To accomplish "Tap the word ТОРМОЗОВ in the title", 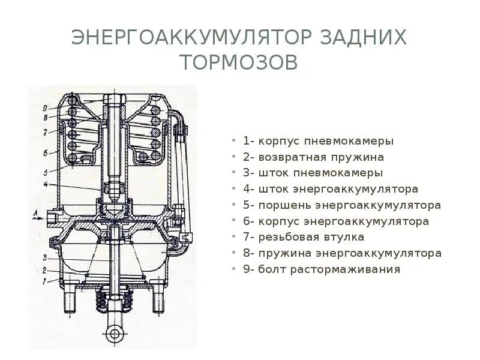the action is pyautogui.click(x=239, y=62).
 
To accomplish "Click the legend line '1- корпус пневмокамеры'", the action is pyautogui.click(x=318, y=142).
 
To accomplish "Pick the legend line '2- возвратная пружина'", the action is pyautogui.click(x=313, y=157).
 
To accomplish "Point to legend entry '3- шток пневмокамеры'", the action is pyautogui.click(x=313, y=173).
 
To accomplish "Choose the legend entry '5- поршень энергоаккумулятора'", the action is pyautogui.click(x=342, y=205).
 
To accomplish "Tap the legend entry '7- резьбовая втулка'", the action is pyautogui.click(x=304, y=237).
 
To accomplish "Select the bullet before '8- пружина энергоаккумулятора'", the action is pyautogui.click(x=235, y=253).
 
